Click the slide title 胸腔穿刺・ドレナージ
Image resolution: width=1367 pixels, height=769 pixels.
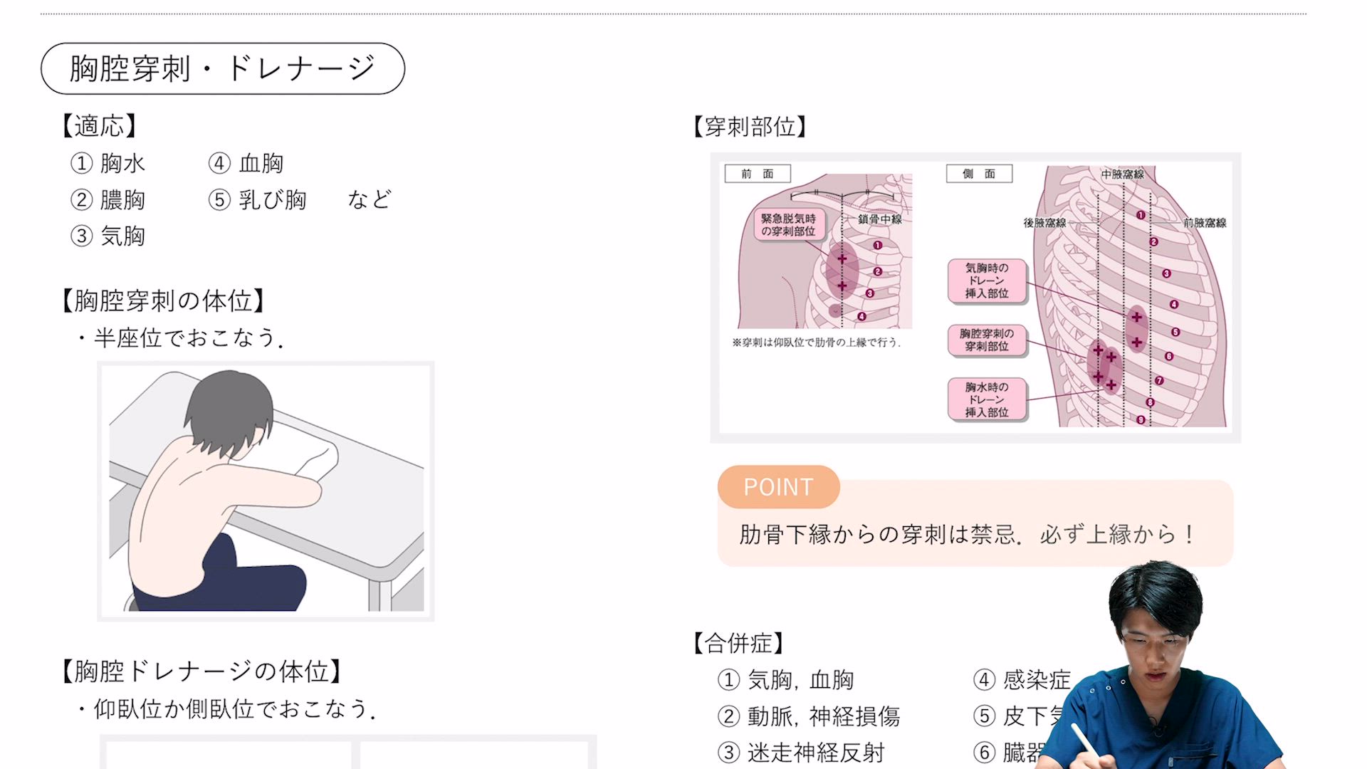click(x=222, y=68)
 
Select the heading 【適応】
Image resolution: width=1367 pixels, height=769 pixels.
click(x=99, y=126)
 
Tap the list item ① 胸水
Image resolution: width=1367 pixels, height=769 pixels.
click(x=108, y=163)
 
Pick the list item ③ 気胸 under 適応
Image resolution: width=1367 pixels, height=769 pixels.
click(x=108, y=236)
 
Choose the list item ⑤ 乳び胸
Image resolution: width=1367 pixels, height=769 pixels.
click(x=258, y=199)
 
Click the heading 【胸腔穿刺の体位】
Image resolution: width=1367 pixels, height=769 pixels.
click(x=163, y=300)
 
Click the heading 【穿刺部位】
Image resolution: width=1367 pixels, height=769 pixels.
click(x=750, y=127)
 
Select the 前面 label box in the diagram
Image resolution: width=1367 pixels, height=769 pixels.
click(x=757, y=174)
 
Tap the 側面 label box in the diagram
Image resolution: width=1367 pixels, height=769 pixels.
click(x=979, y=174)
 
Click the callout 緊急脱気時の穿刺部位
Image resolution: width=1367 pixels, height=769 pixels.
click(x=788, y=224)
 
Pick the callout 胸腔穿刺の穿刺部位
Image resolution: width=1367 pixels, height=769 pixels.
click(x=987, y=340)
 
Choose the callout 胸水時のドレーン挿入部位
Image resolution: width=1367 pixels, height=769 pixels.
click(x=987, y=399)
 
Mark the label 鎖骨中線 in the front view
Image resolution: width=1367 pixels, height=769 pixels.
click(x=879, y=219)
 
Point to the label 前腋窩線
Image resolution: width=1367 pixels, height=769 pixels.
click(x=1205, y=223)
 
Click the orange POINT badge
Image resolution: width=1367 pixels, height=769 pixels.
click(x=778, y=487)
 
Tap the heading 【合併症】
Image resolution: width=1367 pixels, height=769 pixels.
click(x=738, y=643)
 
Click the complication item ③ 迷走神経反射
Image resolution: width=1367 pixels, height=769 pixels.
click(x=802, y=753)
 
